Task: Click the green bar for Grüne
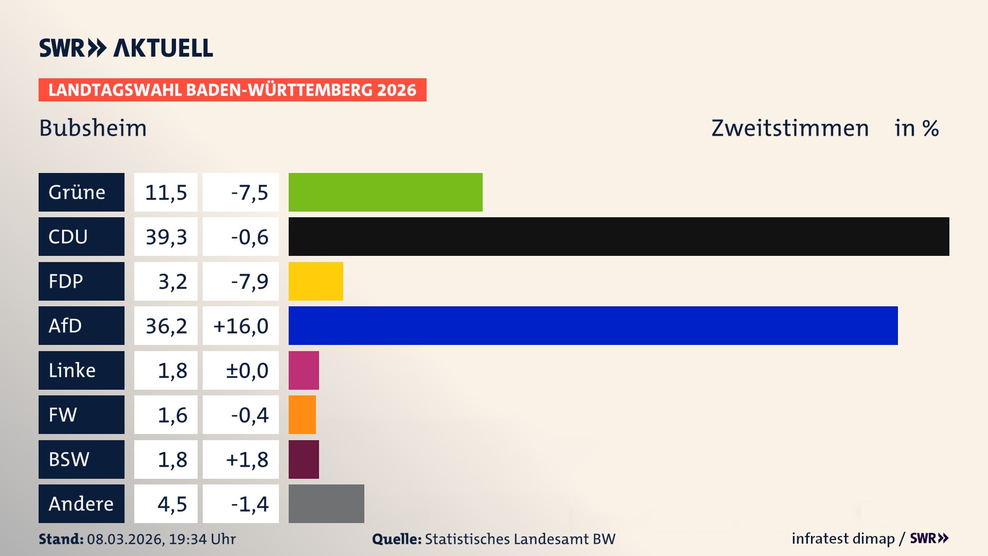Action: coord(385,192)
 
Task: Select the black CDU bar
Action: coord(619,236)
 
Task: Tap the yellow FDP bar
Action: coord(315,281)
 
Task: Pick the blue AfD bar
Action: coord(593,325)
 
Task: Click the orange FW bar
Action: coord(302,414)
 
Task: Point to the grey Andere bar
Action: coord(326,503)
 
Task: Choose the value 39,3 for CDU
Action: coord(166,237)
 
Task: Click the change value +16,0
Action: coord(241,326)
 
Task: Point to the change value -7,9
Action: coord(249,282)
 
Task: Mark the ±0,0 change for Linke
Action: coord(247,371)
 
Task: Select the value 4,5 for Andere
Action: coord(172,504)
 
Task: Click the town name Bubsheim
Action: coord(93,128)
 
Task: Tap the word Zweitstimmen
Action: coord(790,128)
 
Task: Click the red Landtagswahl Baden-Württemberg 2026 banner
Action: coord(232,90)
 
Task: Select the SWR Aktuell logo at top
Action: coord(126,48)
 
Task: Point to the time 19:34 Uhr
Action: coord(202,539)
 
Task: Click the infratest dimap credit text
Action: coord(843,538)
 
